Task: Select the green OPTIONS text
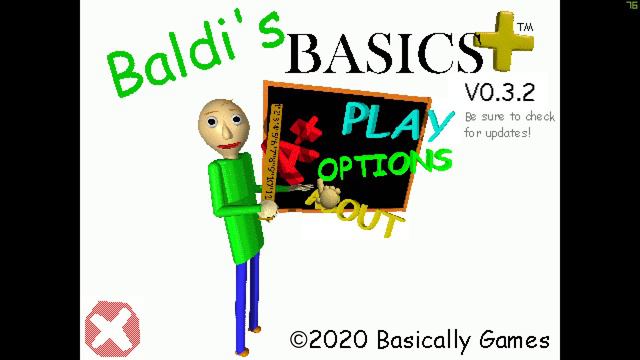click(x=385, y=164)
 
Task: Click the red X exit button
click(x=112, y=327)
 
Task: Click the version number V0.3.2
click(x=499, y=93)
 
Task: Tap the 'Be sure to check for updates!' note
click(x=509, y=124)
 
